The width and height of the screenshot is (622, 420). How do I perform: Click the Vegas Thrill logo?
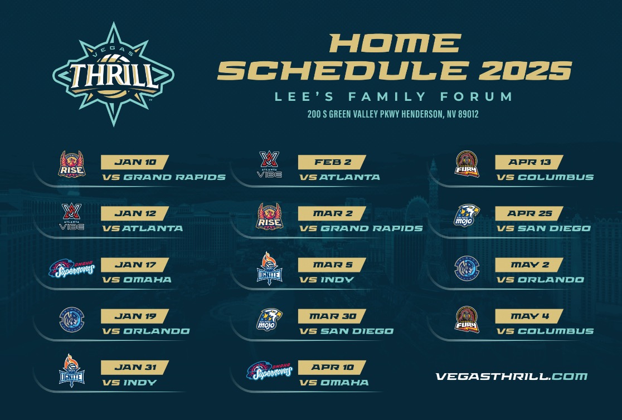pos(113,74)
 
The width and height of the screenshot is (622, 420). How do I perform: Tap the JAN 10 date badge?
pos(135,162)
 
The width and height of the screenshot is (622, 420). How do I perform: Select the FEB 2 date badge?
pos(332,162)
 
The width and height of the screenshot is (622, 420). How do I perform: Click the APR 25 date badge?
pos(529,213)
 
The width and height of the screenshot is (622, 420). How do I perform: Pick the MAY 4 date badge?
pos(529,316)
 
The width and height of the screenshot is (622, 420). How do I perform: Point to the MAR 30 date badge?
pos(332,316)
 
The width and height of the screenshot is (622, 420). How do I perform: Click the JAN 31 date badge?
pos(135,367)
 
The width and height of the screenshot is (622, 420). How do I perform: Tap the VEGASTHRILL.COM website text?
pos(511,377)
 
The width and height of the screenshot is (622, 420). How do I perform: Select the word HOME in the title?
pos(395,43)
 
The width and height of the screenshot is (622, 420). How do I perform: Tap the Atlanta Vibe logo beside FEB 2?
pos(269,165)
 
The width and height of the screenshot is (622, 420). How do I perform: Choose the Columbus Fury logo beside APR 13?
pos(466,164)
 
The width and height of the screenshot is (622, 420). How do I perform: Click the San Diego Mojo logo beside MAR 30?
pos(269,319)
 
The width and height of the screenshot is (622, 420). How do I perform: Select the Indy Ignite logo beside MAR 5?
pos(269,268)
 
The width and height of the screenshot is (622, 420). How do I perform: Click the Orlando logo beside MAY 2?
pos(466,268)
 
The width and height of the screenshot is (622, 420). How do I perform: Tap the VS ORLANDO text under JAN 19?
pos(146,331)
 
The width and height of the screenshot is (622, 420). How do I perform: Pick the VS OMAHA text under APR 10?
pos(334,383)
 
